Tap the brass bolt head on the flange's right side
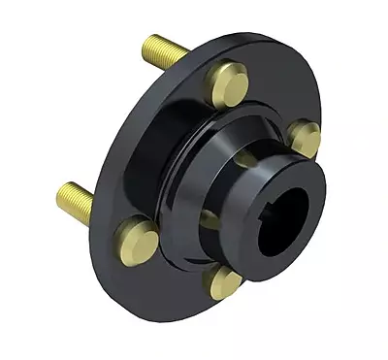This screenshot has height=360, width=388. (305, 139)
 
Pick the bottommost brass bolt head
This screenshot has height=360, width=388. (225, 282)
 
